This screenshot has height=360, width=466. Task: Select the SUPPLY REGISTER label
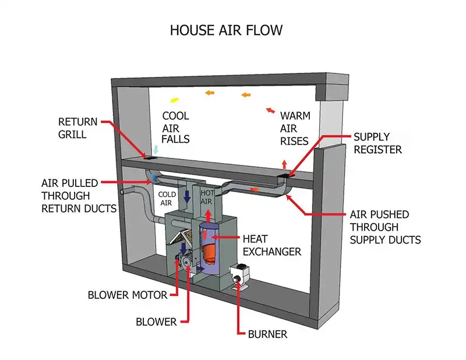tap(377, 143)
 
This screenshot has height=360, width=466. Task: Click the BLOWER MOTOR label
tap(127, 295)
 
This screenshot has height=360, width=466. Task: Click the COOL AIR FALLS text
tap(176, 128)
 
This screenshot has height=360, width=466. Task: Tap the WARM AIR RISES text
tap(295, 128)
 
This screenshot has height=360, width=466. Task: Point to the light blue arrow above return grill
tap(156, 149)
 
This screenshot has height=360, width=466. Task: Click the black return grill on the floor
tap(151, 157)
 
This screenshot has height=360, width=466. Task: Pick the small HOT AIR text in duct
tap(207, 196)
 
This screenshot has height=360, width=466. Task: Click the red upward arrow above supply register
tap(284, 164)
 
